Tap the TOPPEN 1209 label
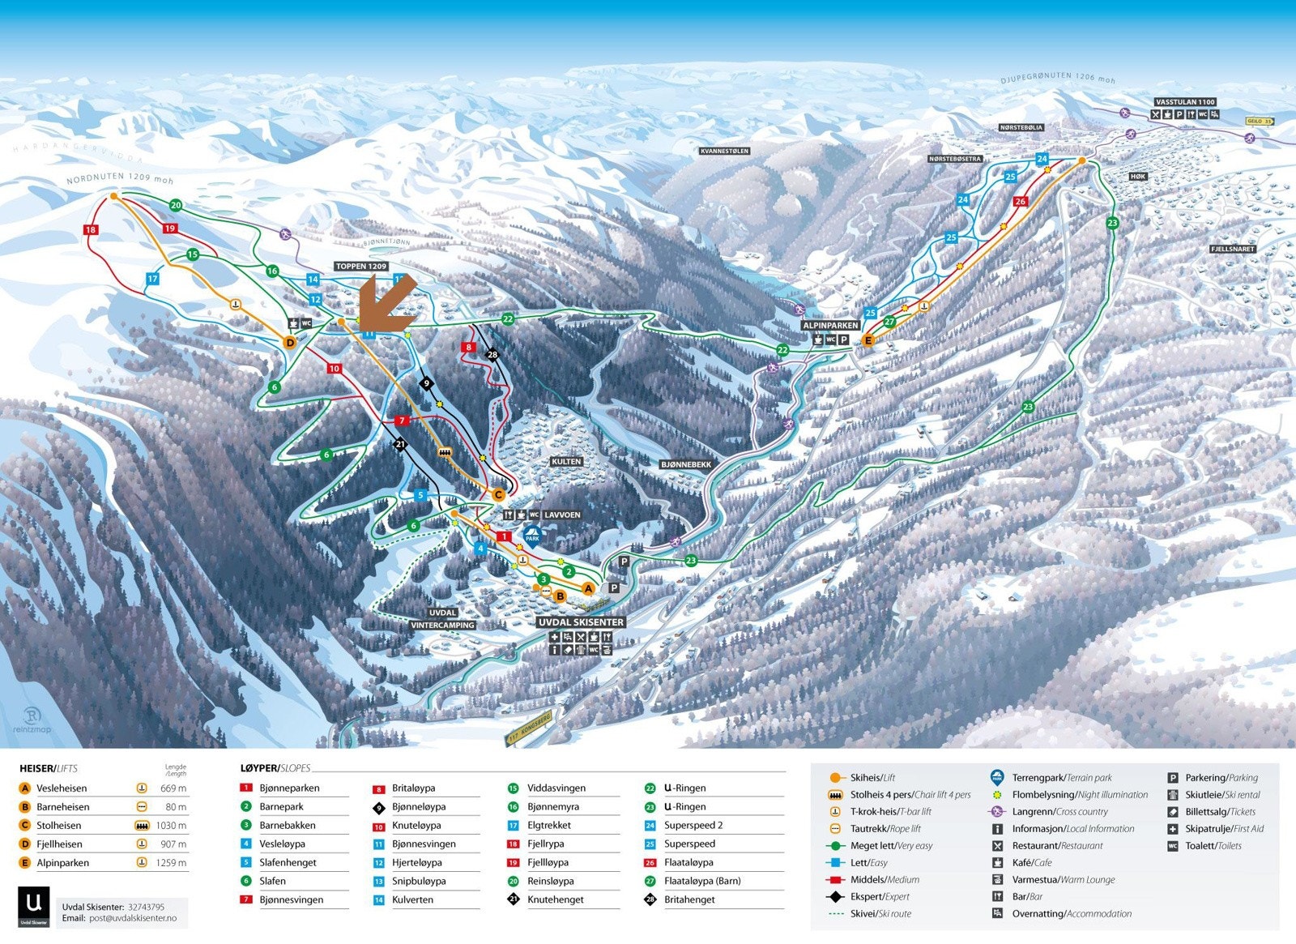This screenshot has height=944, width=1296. [x=361, y=266]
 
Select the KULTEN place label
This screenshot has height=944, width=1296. [x=566, y=461]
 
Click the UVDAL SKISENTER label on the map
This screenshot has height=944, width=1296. [x=581, y=622]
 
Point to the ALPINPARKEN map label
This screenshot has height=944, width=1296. [x=830, y=325]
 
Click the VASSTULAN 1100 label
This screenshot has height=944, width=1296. [x=1185, y=102]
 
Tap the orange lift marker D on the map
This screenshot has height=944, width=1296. [x=290, y=343]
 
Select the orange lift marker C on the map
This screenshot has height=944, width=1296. [x=499, y=494]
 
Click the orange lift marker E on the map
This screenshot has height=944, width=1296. [x=868, y=341]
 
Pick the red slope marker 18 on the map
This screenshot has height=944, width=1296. [x=91, y=230]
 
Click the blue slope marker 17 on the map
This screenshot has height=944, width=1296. [x=152, y=279]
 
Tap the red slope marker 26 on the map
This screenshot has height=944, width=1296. [x=1021, y=201]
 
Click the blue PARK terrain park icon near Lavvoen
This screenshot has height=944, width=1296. [x=532, y=535]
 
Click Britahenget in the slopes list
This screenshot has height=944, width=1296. [x=689, y=899]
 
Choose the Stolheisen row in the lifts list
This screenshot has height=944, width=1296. [x=59, y=826]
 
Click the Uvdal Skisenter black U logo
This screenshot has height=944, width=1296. [x=33, y=907]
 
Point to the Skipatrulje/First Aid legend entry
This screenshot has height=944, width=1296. [x=1224, y=829]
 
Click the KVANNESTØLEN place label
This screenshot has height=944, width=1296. [x=724, y=151]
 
